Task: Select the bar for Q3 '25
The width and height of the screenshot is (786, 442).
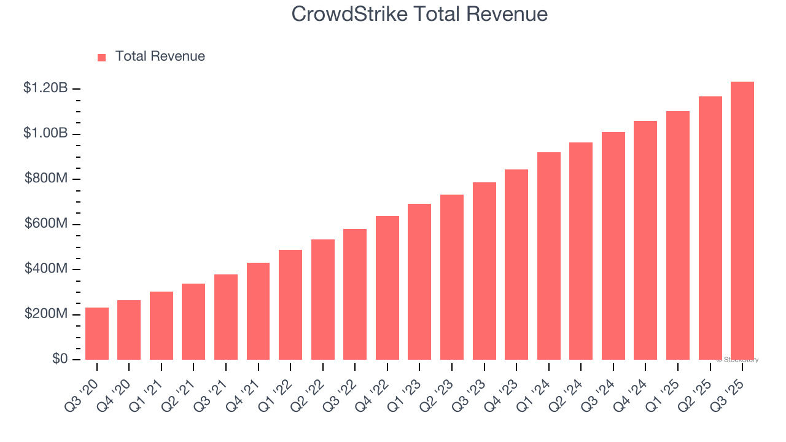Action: coord(742,221)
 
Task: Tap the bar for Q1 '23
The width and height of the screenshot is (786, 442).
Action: coord(419,282)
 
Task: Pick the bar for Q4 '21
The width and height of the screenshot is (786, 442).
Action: coord(258,311)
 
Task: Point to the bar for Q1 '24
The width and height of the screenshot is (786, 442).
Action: coord(548,256)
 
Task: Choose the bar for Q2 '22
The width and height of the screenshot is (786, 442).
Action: coord(322,300)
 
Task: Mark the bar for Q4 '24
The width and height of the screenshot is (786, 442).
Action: coord(645,240)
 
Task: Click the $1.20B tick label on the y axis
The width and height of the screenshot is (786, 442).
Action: coord(45,88)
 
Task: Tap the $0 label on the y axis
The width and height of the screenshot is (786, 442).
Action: coord(59,359)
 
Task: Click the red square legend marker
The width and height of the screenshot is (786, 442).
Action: coord(102,57)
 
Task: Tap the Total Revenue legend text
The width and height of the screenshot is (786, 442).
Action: coord(160,56)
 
